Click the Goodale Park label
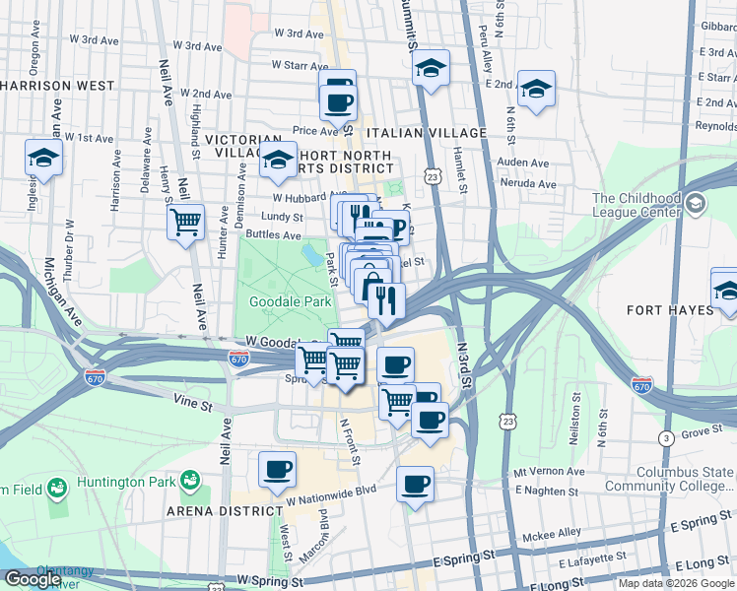[291, 302]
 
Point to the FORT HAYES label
[670, 310]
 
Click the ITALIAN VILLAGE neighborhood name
[426, 133]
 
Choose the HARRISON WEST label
[57, 86]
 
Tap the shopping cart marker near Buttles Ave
[185, 222]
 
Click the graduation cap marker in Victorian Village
[279, 160]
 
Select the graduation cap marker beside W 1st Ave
[43, 158]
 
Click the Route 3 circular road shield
[667, 437]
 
